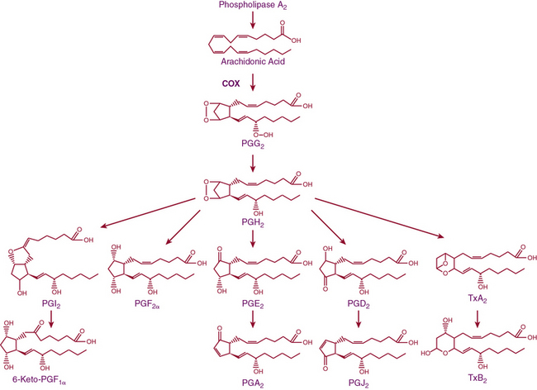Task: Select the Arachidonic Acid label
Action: (x=254, y=61)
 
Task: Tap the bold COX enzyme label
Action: (x=230, y=83)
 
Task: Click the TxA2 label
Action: (x=466, y=303)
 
